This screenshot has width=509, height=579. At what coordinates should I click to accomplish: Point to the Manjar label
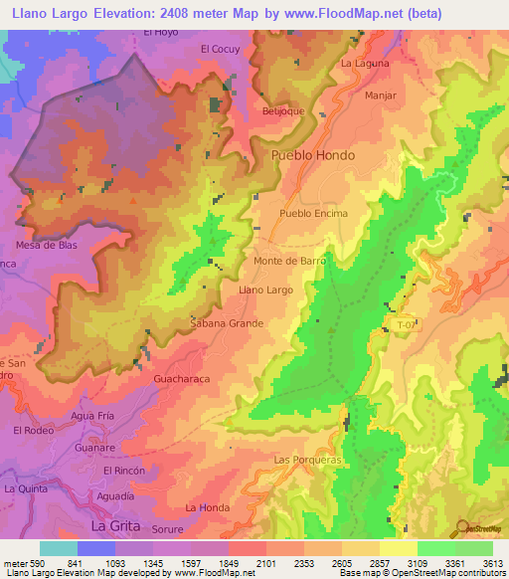[x=380, y=96]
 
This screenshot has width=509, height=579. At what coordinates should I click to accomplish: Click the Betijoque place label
[x=281, y=111]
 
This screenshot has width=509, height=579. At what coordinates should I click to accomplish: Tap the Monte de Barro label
[x=290, y=261]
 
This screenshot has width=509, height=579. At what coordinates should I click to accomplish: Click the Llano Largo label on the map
[x=266, y=289]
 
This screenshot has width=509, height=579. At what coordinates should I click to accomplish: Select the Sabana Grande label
[x=227, y=323]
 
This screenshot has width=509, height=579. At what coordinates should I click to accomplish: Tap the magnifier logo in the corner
[x=463, y=528]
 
